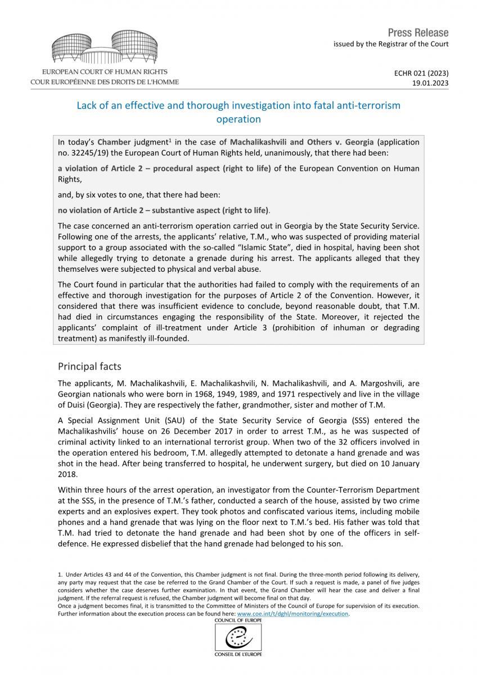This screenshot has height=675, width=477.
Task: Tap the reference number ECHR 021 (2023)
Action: point(426,73)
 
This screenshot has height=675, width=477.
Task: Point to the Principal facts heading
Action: point(89,366)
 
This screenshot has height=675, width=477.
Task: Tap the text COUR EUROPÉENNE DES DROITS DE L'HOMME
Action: point(105,82)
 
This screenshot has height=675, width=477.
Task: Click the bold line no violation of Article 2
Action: point(163,210)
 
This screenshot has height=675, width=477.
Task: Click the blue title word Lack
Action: point(88,105)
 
